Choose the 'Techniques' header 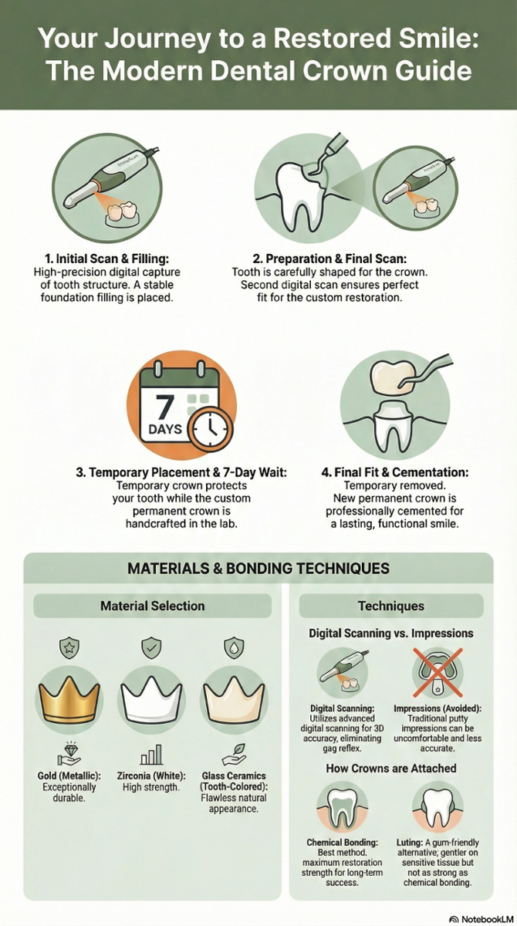[391, 607]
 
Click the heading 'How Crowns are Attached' [391, 768]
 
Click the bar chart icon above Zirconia [151, 755]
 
